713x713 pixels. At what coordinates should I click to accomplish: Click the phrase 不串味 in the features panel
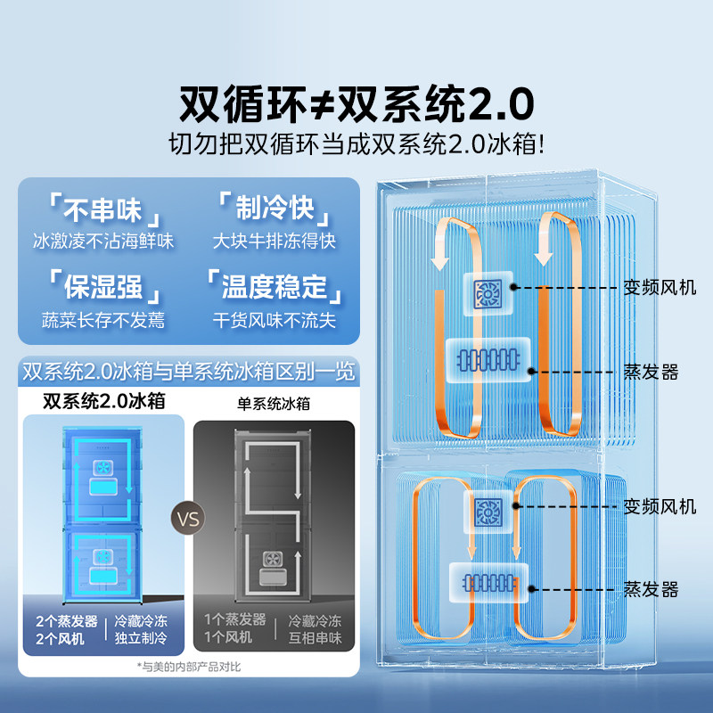click(103, 211)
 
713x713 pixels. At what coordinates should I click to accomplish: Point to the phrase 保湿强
click(103, 287)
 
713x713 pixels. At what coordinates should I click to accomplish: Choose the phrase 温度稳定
click(275, 287)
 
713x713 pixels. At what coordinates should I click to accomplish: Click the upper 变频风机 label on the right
click(660, 287)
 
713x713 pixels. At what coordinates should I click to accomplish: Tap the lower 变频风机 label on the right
click(660, 506)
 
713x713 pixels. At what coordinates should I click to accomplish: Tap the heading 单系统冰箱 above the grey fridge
click(274, 403)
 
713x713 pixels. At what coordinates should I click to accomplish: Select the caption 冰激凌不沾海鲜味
click(103, 241)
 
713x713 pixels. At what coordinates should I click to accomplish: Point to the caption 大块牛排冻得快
click(275, 241)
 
